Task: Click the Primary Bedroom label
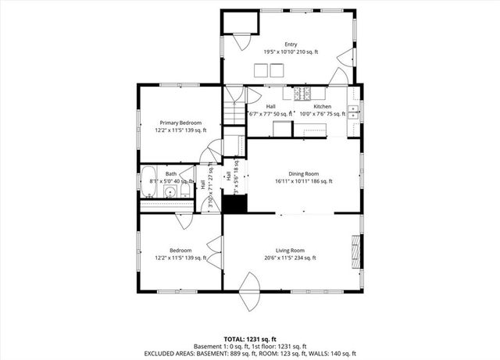coord(180,123)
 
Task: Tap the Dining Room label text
coord(304,173)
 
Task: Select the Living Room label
coord(290,250)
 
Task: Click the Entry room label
coord(291,44)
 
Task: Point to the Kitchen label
coord(323,106)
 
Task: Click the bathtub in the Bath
coord(149,182)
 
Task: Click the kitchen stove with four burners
coord(301,94)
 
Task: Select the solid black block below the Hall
coord(234,205)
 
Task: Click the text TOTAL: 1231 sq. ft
coord(250,339)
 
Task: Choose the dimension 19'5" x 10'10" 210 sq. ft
coord(291,52)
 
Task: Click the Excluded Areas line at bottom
coord(250,353)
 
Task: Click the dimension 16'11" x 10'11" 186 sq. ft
coord(304,181)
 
